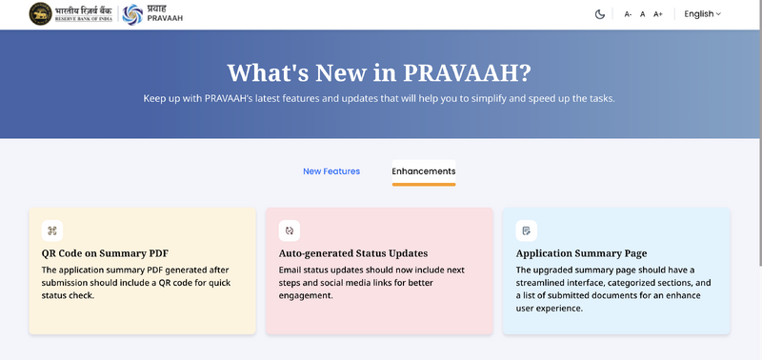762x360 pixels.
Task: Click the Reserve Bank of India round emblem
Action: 41,13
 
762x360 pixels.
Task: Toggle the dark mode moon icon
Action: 600,14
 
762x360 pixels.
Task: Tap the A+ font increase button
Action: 657,14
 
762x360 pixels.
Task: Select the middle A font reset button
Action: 643,14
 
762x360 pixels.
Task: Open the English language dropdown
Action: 703,14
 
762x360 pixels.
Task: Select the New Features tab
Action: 331,171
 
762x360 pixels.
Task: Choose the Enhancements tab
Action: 424,171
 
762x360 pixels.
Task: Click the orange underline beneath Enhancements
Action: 424,184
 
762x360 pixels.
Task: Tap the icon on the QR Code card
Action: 52,230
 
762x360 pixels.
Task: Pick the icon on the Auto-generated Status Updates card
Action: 289,230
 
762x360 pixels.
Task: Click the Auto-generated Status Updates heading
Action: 353,253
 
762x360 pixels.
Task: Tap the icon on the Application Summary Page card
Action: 526,230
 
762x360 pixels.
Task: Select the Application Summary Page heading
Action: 581,253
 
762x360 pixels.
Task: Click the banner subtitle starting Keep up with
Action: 379,98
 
